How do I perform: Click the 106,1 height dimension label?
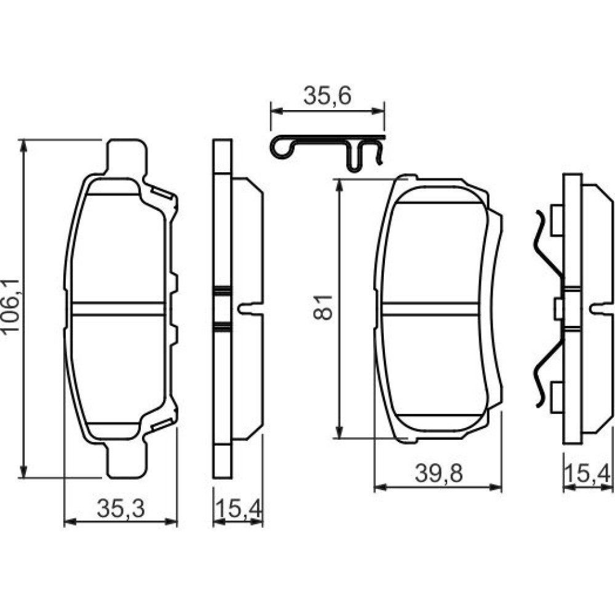(10, 306)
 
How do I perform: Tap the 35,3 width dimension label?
(121, 509)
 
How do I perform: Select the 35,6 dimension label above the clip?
(328, 97)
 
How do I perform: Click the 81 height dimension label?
(323, 307)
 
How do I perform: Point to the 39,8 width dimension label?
(439, 474)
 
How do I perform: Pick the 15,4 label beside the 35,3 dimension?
(238, 509)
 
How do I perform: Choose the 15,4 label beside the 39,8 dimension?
(587, 474)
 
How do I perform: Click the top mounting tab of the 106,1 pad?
(127, 157)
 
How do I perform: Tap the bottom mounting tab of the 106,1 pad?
(127, 460)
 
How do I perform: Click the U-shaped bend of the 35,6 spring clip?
(354, 159)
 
